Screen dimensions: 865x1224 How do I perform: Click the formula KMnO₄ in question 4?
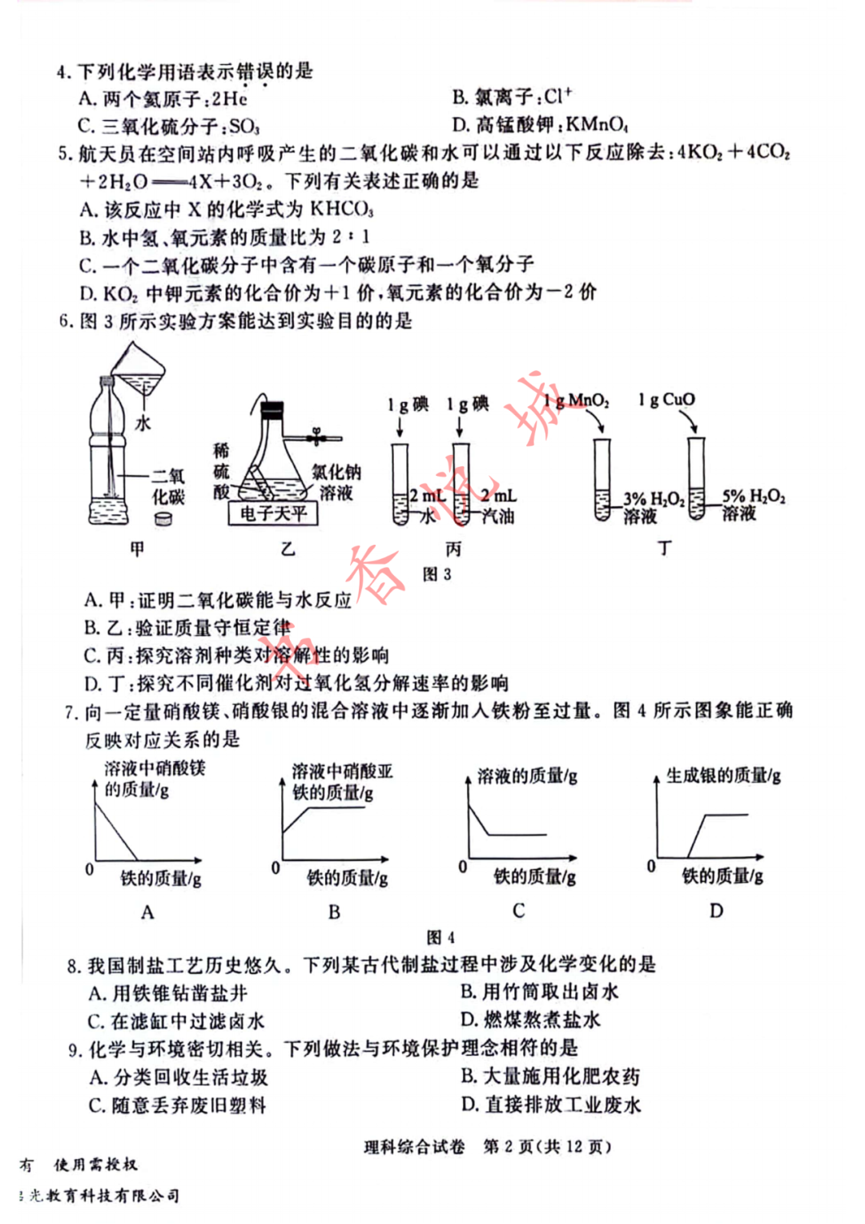coord(597,124)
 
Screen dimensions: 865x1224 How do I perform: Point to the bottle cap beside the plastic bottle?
coord(164,518)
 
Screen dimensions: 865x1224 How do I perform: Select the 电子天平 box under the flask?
coord(273,513)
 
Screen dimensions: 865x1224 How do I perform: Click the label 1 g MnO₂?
coord(576,401)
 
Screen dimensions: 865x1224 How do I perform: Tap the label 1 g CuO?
coord(666,399)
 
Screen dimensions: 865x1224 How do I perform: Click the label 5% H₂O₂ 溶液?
coord(753,505)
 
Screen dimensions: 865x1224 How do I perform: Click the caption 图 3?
coord(437,574)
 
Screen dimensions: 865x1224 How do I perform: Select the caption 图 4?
coord(441,936)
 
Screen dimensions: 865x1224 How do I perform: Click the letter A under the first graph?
coord(147,912)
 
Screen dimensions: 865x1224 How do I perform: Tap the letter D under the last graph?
coord(716,910)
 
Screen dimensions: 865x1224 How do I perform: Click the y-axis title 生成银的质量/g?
coord(723,775)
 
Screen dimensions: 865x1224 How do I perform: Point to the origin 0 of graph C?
coord(462,867)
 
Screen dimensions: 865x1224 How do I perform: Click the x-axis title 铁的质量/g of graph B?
coord(348,878)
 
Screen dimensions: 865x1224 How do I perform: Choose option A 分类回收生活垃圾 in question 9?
coord(179,1077)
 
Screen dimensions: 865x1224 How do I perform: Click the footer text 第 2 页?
coord(509,1146)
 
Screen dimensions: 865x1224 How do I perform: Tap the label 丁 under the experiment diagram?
coord(665,549)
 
